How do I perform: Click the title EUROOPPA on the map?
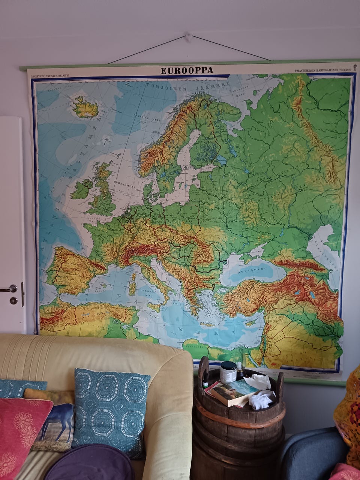pos(187,70)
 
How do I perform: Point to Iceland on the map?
pos(85,108)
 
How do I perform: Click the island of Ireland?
pos(82,189)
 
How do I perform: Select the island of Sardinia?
pos(132,284)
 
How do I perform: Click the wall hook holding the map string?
pos(188,37)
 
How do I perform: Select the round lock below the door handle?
pos(13,300)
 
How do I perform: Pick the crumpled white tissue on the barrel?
pos(261,400)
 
